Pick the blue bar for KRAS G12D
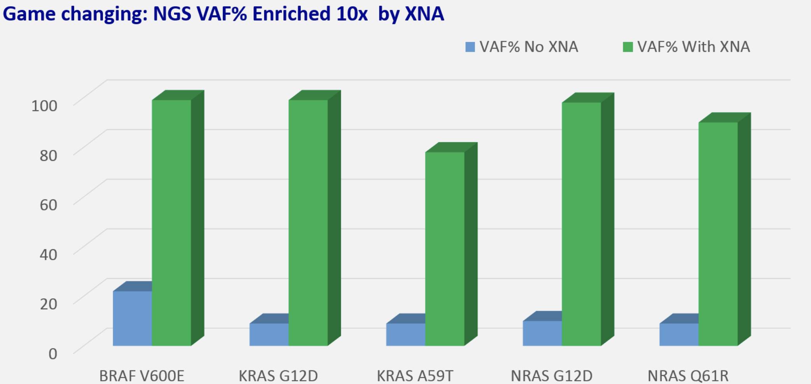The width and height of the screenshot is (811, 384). (269, 334)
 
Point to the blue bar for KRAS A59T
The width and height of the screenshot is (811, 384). (405, 334)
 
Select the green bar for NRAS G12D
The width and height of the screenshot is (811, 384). (581, 224)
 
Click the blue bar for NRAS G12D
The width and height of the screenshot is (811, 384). (542, 333)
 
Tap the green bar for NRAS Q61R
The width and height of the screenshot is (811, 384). (718, 234)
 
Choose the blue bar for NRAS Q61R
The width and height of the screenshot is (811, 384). (679, 334)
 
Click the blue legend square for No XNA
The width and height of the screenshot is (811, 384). (470, 47)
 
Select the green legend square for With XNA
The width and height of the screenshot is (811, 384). (628, 47)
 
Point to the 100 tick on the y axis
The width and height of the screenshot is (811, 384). (44, 106)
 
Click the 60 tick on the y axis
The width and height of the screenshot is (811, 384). (48, 204)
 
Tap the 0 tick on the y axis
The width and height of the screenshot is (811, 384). (52, 354)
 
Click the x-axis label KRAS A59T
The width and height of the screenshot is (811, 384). (415, 376)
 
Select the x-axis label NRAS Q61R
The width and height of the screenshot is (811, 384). (688, 376)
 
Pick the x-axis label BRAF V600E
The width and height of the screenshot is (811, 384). (142, 376)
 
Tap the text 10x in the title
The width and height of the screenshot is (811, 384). (352, 14)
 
